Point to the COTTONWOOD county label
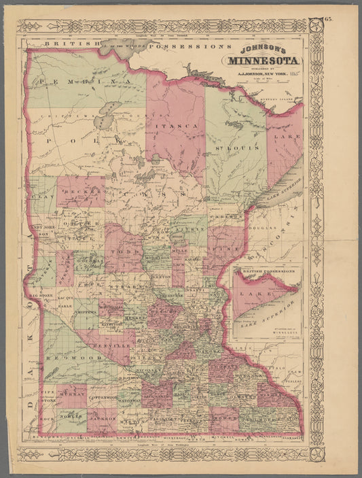click(103, 396)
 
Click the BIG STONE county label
click(42, 296)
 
